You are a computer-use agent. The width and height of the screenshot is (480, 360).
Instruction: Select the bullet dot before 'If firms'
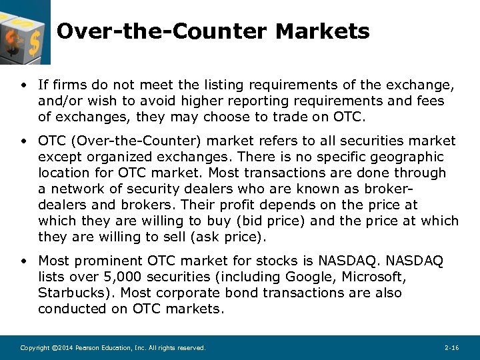(x=23, y=85)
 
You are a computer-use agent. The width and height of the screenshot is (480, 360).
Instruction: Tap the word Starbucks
(x=68, y=293)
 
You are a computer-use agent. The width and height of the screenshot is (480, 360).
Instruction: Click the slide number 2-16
(x=451, y=348)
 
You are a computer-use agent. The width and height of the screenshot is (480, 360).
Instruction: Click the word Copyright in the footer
(x=35, y=348)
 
